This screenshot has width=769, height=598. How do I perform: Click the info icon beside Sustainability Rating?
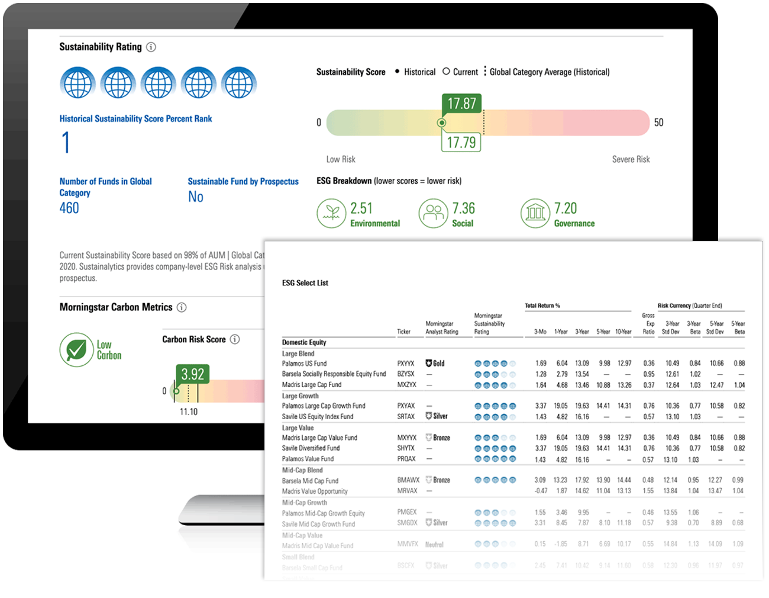coord(151,47)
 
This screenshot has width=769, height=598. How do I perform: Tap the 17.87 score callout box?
coord(461,104)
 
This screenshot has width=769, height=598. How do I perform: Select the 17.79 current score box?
coord(461,142)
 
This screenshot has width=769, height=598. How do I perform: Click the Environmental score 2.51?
coord(361,208)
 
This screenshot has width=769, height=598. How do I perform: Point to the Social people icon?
coord(434,213)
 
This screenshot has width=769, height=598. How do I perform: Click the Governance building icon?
coord(535,213)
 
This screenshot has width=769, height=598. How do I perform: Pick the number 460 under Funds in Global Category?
coord(69,208)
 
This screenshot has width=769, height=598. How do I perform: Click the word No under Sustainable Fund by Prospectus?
coord(195,197)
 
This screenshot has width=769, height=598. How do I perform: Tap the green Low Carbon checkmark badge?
coord(76,350)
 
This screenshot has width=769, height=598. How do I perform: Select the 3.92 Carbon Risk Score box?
coord(192,374)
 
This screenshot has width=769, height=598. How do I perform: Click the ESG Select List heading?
coord(305,283)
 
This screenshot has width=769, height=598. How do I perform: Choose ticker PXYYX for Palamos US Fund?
coord(406,364)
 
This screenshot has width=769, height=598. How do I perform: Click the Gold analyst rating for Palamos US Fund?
coord(435,364)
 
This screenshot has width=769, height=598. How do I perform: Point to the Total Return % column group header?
coord(542,306)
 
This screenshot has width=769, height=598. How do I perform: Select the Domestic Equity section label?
coord(304,342)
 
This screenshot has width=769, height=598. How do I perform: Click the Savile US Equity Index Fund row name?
coord(317,417)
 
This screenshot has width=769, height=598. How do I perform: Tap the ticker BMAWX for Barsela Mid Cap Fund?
coord(408,480)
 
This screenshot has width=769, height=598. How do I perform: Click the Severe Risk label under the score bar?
coord(631,159)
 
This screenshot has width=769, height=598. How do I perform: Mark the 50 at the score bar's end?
coord(658,123)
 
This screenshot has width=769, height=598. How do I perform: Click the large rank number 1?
coord(66,143)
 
